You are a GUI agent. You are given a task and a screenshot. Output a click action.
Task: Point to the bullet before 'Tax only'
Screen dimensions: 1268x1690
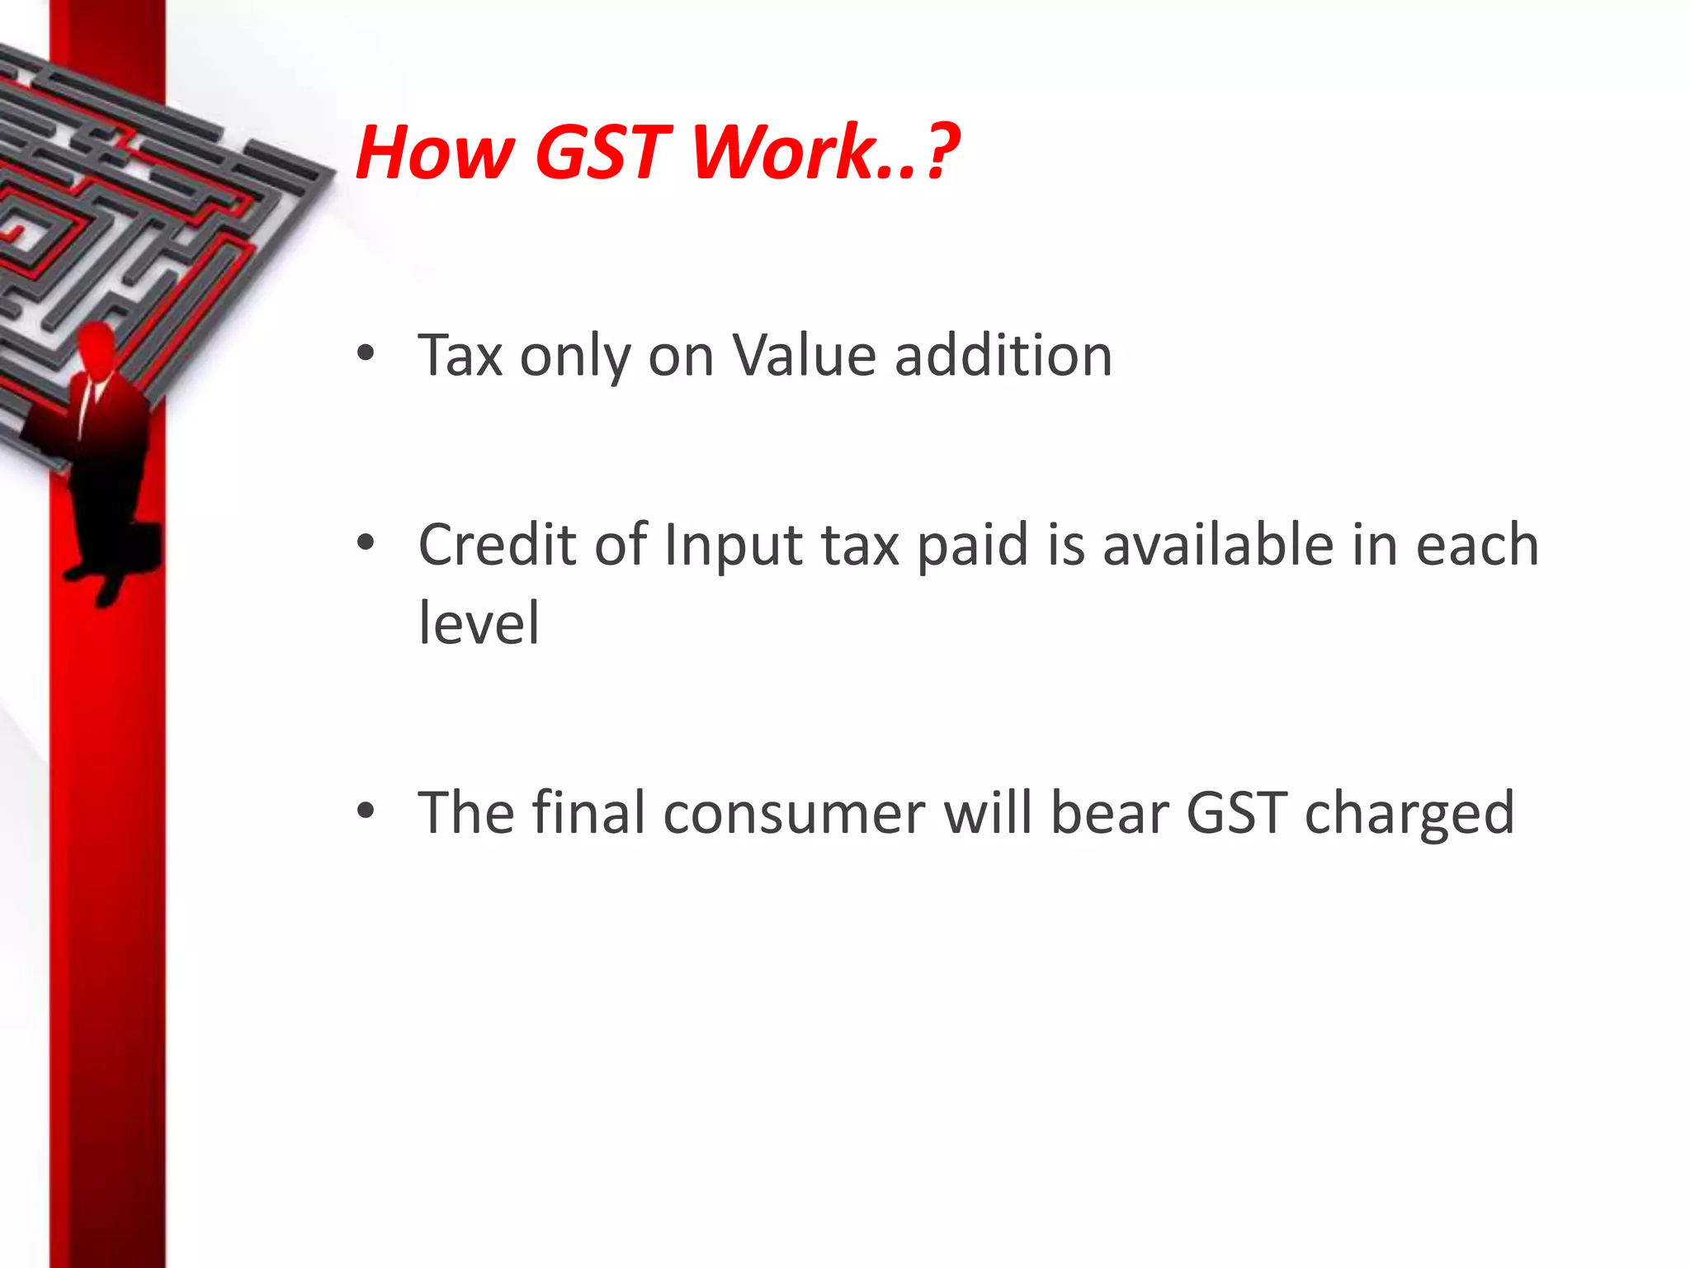click(366, 354)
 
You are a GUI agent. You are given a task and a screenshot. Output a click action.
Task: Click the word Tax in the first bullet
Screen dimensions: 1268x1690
click(460, 356)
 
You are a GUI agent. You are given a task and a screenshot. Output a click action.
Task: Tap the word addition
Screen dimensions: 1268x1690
click(1003, 356)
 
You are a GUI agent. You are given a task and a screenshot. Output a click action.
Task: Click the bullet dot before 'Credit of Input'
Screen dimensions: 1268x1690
click(366, 543)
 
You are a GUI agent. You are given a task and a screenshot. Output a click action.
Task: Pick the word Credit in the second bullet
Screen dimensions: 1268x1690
click(497, 545)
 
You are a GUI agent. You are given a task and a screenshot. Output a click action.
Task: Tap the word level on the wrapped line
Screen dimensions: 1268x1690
click(479, 622)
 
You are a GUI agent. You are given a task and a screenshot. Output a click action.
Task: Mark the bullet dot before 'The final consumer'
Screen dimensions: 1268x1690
click(366, 811)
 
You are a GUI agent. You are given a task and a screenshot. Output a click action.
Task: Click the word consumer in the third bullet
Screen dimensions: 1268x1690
click(794, 814)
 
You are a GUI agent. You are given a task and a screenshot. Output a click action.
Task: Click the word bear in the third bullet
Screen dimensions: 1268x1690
click(1109, 814)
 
